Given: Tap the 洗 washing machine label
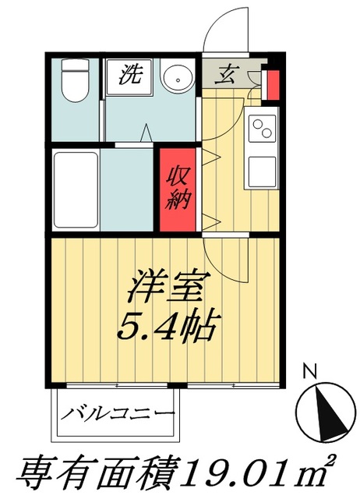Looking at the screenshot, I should point(129,76).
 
